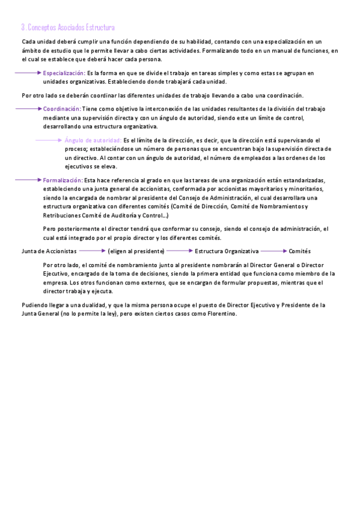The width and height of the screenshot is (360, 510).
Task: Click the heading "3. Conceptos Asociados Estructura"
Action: point(67,28)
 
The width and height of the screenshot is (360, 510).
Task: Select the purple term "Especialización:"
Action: point(64,73)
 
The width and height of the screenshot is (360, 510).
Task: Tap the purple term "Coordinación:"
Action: point(62,109)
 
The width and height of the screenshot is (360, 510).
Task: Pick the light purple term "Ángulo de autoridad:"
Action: point(93,140)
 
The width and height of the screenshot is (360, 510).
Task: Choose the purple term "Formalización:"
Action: point(63,180)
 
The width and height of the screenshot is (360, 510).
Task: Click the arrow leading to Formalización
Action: point(28,180)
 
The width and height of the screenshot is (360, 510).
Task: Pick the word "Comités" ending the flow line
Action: point(299,251)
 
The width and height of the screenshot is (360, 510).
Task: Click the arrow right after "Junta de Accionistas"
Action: point(92,251)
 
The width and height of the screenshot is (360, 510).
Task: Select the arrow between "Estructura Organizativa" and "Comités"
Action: point(273,251)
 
